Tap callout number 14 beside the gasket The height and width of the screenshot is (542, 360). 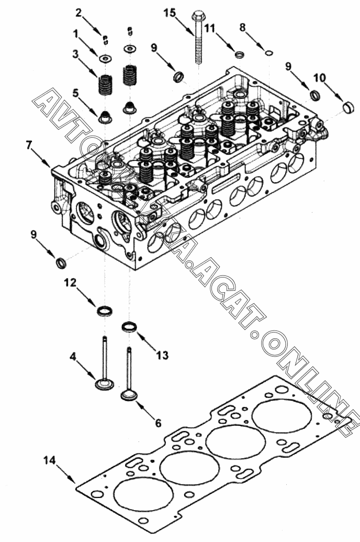point(49,460)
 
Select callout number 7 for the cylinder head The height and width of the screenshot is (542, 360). point(29,145)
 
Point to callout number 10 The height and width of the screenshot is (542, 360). point(319,78)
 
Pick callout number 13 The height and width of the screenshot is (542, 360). point(162,356)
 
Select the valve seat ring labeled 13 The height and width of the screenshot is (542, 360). point(129,328)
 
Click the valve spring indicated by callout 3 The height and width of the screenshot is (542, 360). point(106,85)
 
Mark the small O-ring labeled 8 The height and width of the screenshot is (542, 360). point(268,52)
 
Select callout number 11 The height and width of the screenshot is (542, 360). point(209,29)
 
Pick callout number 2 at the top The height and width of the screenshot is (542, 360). point(78,12)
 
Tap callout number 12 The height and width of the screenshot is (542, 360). point(70,283)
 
